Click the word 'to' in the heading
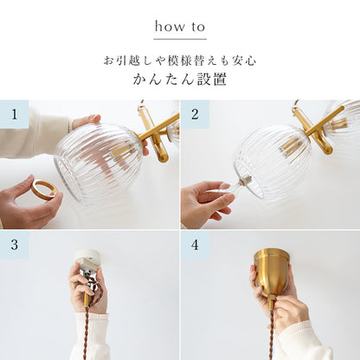(x=198, y=27)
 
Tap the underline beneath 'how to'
(x=180, y=39)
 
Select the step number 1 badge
(x=15, y=114)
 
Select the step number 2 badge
(x=195, y=114)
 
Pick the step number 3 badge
(x=15, y=245)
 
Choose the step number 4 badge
(x=195, y=245)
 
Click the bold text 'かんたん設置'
(x=179, y=80)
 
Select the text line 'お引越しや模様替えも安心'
(x=180, y=61)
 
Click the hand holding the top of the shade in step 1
(x=86, y=121)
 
